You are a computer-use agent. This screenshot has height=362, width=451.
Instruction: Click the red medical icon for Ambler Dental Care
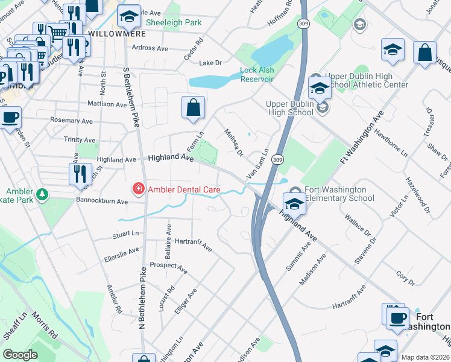[138, 189]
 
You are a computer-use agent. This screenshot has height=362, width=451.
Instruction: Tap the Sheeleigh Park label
[174, 22]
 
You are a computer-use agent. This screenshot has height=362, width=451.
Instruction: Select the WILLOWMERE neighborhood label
[113, 33]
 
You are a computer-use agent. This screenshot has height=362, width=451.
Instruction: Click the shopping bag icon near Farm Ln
[194, 108]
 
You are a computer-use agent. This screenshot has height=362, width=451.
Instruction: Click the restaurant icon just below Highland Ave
[80, 174]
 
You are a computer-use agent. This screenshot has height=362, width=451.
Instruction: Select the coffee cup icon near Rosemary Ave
[10, 116]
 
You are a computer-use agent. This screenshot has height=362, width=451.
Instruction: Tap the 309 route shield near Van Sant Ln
[277, 159]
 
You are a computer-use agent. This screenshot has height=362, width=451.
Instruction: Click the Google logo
[20, 355]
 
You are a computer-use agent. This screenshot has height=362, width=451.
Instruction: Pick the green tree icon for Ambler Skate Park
[42, 194]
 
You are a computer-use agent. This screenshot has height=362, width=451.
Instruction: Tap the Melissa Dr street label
[233, 142]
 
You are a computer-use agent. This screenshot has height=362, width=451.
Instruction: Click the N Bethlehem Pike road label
[143, 297]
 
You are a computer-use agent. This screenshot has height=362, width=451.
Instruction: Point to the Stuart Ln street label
[125, 233]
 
